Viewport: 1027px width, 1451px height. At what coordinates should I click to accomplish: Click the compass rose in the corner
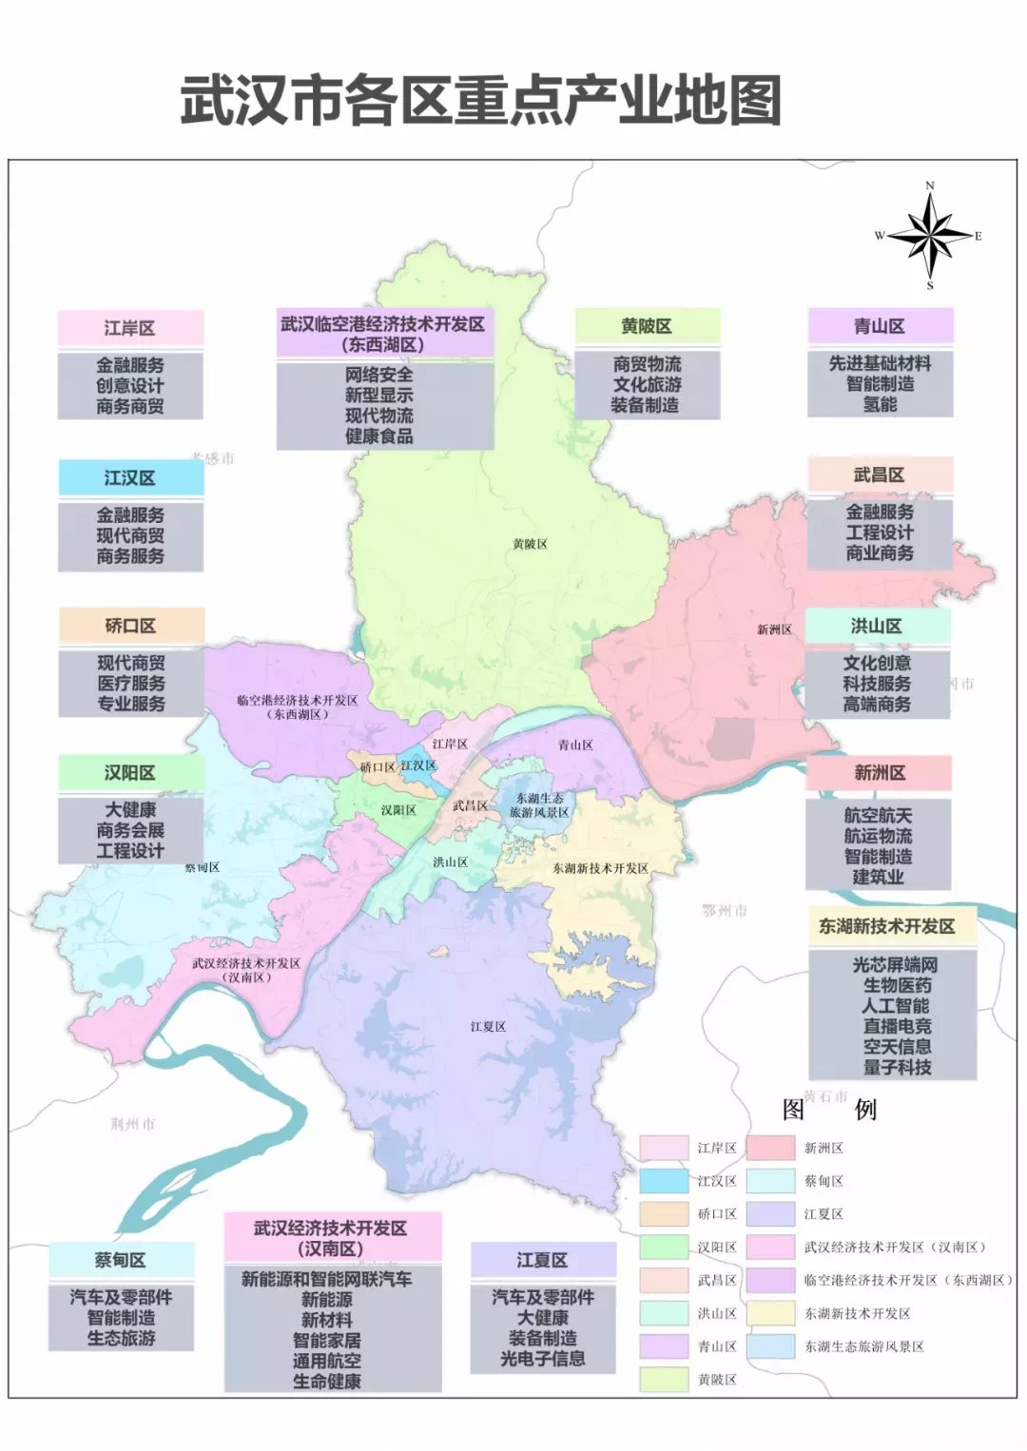click(x=929, y=234)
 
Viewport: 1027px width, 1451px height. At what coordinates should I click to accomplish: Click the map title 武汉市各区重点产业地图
click(x=481, y=101)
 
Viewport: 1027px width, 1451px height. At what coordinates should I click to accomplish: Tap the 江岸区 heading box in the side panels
click(x=130, y=328)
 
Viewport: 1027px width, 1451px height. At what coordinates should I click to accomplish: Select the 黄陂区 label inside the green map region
click(x=530, y=544)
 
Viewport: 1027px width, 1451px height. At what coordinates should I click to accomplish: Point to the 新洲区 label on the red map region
click(x=774, y=629)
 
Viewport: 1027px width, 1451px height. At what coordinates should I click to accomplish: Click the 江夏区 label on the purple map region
click(x=488, y=1027)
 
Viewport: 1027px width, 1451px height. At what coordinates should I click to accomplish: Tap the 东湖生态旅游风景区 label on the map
click(x=539, y=805)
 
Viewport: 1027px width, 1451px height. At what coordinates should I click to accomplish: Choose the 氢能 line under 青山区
click(x=880, y=404)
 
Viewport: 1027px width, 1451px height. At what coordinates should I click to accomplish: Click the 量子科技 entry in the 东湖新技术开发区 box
click(x=897, y=1067)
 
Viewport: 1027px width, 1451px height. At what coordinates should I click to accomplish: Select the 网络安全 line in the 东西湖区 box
click(x=378, y=375)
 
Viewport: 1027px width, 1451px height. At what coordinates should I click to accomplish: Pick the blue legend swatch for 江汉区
click(x=664, y=1181)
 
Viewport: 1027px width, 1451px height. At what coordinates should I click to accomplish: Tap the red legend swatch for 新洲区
click(x=770, y=1148)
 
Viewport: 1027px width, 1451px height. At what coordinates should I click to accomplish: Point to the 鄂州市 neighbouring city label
click(x=725, y=910)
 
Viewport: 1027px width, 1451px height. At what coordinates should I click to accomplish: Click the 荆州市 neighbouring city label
click(x=132, y=1124)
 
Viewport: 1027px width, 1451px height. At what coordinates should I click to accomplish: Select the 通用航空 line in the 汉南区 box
click(x=327, y=1361)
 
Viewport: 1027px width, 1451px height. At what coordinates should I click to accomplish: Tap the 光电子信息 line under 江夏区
click(x=543, y=1359)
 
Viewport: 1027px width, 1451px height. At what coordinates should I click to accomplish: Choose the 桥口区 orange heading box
click(x=131, y=626)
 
